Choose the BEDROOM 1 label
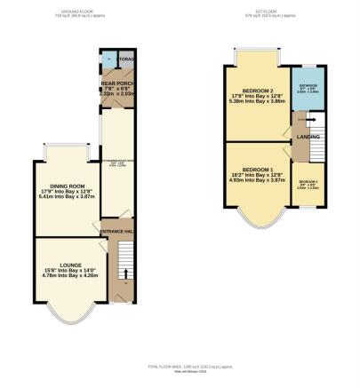point(256,171)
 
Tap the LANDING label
point(307,135)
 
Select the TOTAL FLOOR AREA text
point(180,368)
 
